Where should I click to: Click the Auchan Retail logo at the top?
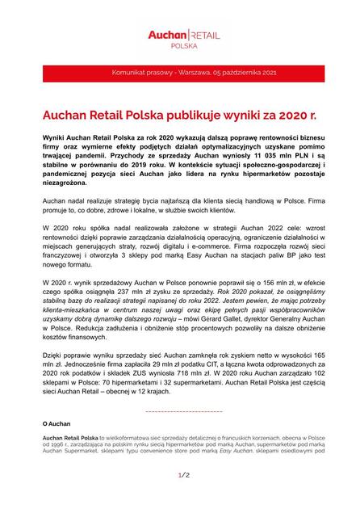coord(179,34)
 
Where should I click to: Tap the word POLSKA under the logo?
coord(179,48)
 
